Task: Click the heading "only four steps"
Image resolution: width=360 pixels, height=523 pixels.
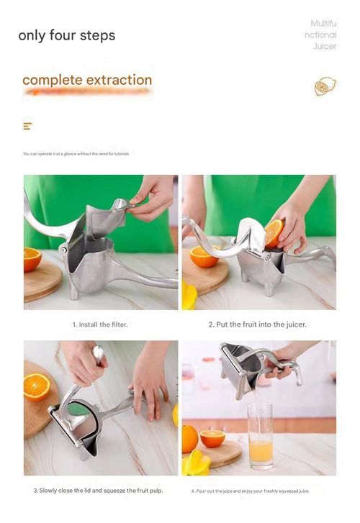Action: tap(66, 35)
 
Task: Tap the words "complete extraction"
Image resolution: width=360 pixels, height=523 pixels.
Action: tap(87, 80)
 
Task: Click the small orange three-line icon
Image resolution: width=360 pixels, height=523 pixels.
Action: tap(27, 127)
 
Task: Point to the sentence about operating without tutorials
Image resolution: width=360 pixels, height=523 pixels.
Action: tap(76, 154)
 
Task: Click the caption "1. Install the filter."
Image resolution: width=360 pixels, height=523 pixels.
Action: tap(101, 324)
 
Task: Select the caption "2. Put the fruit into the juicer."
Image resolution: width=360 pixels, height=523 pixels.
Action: tap(257, 324)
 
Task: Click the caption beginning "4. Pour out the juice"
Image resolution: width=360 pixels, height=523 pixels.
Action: tap(251, 491)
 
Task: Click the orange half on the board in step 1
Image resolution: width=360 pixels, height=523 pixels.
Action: tap(32, 260)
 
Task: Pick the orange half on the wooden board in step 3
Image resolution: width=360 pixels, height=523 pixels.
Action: tap(37, 386)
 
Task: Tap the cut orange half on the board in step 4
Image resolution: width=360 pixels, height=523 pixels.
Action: tap(212, 438)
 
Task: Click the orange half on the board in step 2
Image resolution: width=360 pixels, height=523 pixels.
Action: tap(204, 256)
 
